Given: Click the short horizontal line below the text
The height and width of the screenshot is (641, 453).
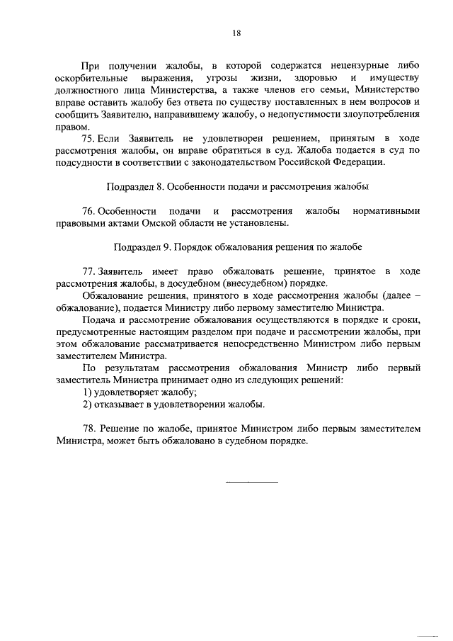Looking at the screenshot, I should click(251, 482).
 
